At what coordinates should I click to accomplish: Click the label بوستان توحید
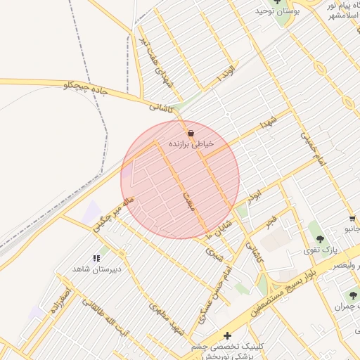tap(278, 12)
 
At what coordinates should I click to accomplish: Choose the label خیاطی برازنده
tap(191, 143)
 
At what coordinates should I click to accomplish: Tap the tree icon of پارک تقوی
tap(321, 240)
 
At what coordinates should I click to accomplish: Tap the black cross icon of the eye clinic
tap(227, 335)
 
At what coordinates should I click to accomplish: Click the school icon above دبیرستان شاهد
tap(96, 259)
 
